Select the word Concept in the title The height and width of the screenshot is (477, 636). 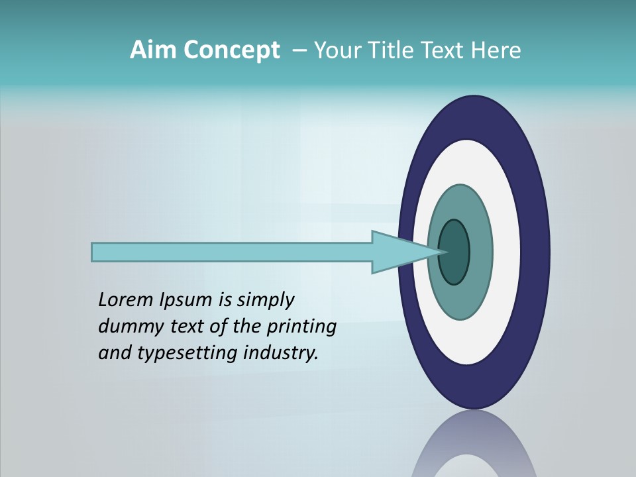tap(232, 50)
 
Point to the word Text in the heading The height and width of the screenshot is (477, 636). tap(449, 50)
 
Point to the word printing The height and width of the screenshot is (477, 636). tap(301, 327)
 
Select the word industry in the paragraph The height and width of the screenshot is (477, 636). tap(281, 353)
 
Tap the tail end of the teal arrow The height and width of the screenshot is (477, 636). tap(94, 252)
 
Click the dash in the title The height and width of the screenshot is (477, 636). tap(298, 50)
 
